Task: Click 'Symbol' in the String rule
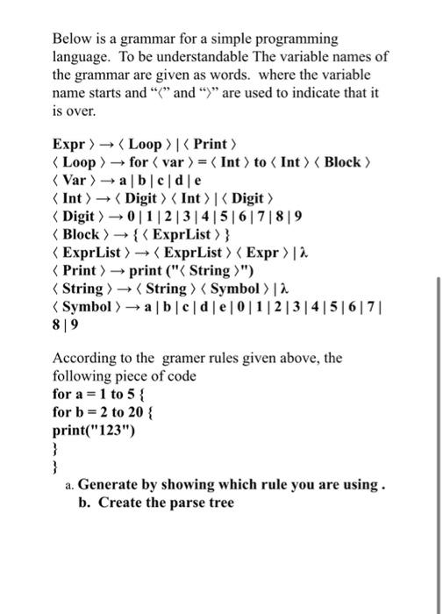coord(239,289)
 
